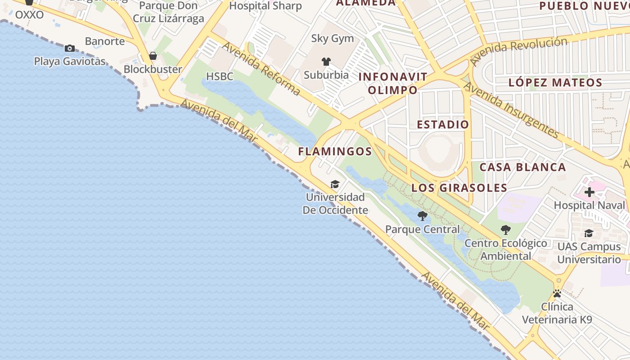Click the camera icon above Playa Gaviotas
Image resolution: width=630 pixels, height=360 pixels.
tap(70, 48)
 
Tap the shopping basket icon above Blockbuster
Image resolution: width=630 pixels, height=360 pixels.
tap(153, 56)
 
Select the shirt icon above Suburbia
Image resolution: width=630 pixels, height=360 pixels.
tap(326, 62)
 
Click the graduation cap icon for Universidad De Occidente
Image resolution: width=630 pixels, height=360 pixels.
tap(335, 184)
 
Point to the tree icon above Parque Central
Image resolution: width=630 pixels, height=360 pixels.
tap(422, 216)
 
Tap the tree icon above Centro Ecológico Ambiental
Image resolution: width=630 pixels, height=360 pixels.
tap(506, 230)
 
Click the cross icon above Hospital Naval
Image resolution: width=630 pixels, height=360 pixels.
tap(589, 193)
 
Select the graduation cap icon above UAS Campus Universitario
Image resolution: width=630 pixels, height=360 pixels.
tap(589, 233)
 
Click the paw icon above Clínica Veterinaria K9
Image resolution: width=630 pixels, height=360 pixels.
tap(557, 293)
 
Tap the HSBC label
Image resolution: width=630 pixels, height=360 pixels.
tap(220, 76)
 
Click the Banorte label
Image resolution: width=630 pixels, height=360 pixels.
tap(105, 41)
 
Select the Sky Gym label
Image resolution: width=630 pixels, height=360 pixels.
tap(333, 39)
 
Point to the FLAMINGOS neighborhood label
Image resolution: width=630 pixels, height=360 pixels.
tap(335, 152)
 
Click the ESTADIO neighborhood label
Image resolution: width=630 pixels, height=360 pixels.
tap(443, 125)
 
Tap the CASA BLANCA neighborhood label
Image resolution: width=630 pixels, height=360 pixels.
tap(522, 167)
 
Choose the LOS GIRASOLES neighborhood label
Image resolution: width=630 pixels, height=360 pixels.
tap(459, 188)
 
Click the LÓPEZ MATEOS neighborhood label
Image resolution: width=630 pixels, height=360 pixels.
tap(555, 83)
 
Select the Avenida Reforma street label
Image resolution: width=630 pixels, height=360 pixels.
tap(261, 69)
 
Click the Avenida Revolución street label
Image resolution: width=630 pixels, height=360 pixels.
tap(518, 51)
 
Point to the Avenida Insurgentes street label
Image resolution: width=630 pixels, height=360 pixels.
tap(511, 110)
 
